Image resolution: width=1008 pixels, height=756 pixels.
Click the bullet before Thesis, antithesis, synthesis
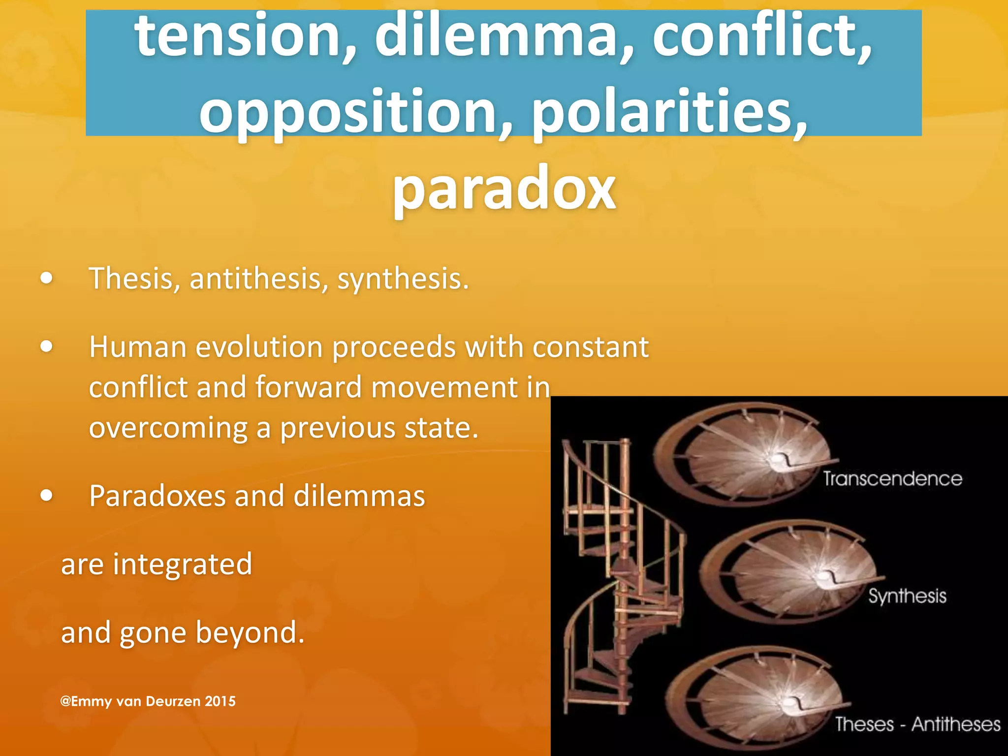click(47, 279)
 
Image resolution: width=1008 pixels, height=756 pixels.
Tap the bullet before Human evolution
click(47, 346)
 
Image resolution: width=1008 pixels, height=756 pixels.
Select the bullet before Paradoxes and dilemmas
click(47, 495)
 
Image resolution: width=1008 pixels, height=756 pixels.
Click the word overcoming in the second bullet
click(168, 428)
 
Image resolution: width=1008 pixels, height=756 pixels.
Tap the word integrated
click(183, 564)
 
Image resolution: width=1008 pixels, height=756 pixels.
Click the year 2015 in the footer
click(220, 701)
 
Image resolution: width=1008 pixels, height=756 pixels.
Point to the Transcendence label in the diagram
click(892, 479)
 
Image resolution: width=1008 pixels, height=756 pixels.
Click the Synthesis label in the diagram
click(907, 596)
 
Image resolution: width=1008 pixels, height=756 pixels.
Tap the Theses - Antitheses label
click(917, 724)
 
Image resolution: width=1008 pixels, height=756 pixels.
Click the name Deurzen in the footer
click(173, 701)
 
